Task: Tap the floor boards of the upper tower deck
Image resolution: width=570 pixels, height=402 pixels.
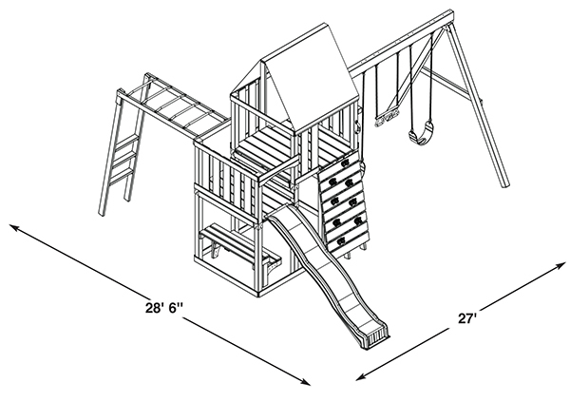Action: point(266,143)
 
